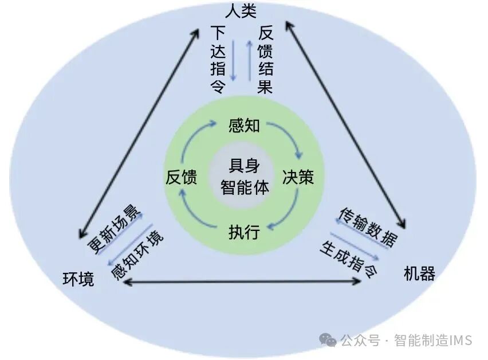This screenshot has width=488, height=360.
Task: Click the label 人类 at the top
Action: [x=241, y=10]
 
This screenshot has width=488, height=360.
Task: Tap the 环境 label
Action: [x=78, y=280]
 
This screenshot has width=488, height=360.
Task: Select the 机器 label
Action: [x=419, y=273]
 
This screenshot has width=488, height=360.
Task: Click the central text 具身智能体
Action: [x=244, y=177]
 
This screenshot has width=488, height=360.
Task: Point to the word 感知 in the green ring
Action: [x=244, y=125]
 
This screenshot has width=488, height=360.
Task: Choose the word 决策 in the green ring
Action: [x=298, y=177]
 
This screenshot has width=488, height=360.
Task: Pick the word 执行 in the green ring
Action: [x=244, y=232]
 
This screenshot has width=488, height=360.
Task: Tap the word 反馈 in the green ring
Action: [x=182, y=178]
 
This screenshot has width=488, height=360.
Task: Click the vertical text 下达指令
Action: [x=218, y=59]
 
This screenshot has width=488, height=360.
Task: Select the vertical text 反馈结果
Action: [x=265, y=59]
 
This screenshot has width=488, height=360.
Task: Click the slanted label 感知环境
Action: [x=136, y=255]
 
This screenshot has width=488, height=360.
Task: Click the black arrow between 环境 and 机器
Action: [x=243, y=281]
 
